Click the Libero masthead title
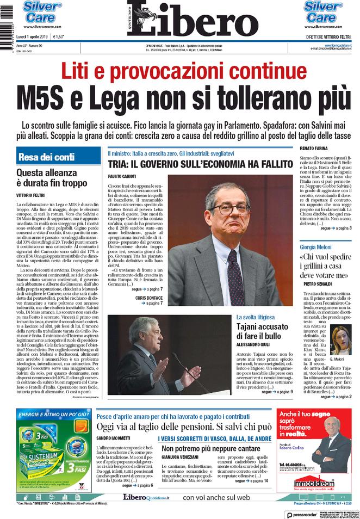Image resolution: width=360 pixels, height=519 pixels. point(196,20)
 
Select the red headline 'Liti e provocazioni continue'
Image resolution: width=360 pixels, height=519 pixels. point(179,71)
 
